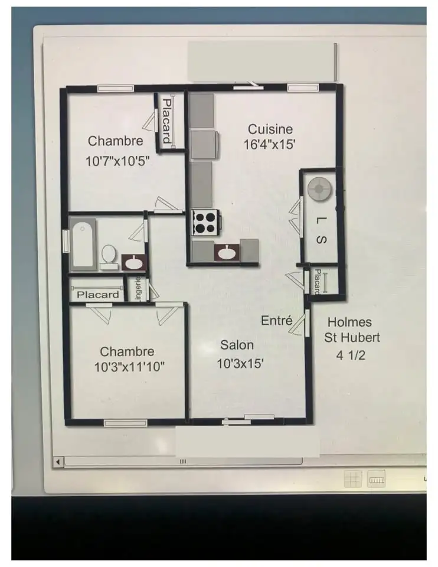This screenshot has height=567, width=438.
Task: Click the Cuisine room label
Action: (270, 129)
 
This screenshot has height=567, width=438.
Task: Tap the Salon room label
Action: (237, 345)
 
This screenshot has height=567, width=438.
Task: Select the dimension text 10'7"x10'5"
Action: (117, 161)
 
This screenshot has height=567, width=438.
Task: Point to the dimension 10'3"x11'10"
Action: (129, 367)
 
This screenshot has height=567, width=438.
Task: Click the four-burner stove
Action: (205, 223)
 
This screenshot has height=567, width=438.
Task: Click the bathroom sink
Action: (134, 262)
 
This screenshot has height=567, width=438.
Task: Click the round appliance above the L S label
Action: (319, 189)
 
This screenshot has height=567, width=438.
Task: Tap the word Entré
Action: (276, 320)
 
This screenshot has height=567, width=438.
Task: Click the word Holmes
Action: (349, 322)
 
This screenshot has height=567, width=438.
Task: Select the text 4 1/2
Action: (351, 355)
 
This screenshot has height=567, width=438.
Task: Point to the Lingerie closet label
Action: (138, 288)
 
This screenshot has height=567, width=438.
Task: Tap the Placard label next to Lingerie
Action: (97, 295)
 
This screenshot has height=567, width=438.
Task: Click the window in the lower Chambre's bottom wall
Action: (125, 423)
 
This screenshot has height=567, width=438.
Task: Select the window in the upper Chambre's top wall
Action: (116, 88)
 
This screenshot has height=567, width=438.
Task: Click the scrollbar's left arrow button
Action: (58, 462)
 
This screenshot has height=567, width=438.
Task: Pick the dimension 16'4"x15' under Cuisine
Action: (269, 145)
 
